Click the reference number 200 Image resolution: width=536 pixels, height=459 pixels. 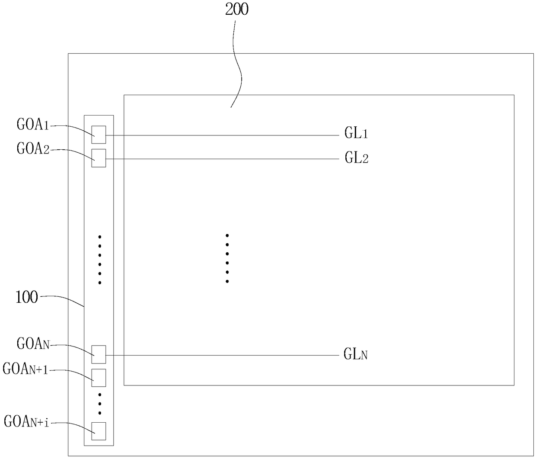coord(237,9)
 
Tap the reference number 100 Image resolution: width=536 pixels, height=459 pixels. coord(26,298)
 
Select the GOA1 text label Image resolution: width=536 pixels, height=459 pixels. coord(33,125)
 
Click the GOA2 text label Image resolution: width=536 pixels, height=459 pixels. coord(33,149)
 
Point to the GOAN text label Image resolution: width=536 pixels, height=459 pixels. coord(33,344)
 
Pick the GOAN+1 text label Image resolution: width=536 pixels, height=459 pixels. coord(26,369)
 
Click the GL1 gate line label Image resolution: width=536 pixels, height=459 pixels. coord(356,133)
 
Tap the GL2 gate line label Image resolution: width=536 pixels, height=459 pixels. coord(356,158)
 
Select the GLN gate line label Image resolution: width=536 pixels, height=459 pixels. coord(355,355)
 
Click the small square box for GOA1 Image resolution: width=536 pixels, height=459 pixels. coord(99,135)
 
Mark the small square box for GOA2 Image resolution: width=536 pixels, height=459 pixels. coord(99,158)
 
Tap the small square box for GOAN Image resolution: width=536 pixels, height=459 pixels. coord(99,355)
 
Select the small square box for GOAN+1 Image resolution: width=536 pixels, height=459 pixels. coord(99,378)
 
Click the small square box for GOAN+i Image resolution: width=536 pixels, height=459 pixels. coord(99,431)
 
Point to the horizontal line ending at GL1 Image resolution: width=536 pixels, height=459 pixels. coord(220,135)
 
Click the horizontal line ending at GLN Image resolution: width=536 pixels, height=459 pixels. coord(220,356)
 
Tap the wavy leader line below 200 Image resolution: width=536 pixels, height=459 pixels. coord(237,65)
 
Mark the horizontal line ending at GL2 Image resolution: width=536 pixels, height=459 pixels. coord(220,159)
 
